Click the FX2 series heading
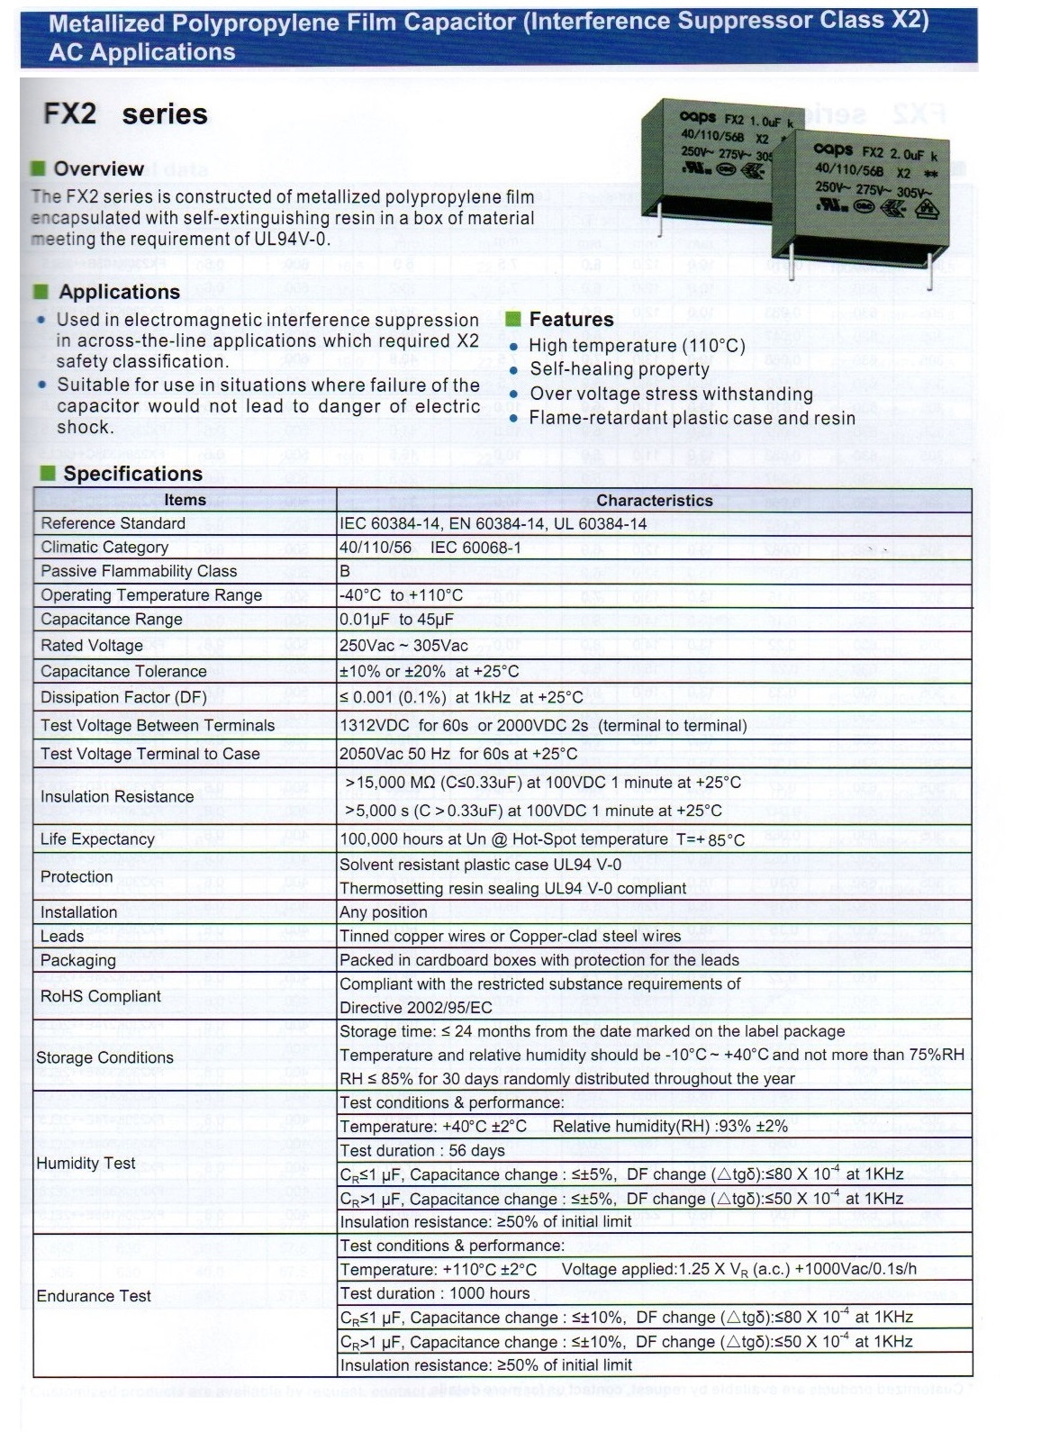coord(125,114)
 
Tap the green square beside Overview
coord(38,168)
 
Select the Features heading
coord(571,320)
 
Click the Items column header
coord(185,500)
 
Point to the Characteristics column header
coord(654,501)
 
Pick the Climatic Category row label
coord(104,548)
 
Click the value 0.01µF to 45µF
coord(396,620)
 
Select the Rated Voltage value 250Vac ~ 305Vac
coord(403,646)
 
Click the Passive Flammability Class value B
coord(345,571)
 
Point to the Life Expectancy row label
coord(97,839)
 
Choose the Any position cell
coord(384,912)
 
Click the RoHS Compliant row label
coord(101,996)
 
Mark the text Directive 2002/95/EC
coord(416,1008)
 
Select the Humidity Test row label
coord(86,1164)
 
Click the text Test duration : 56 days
coord(422,1151)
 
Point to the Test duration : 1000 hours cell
coord(435,1293)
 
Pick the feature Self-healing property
coord(620,369)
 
